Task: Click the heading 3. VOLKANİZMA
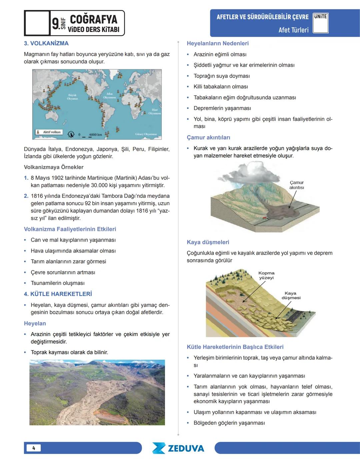pyautogui.click(x=46, y=43)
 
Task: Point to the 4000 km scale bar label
pyautogui.click(x=95, y=135)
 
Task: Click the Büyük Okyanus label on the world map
pyautogui.click(x=72, y=97)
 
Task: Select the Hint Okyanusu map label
pyautogui.click(x=155, y=111)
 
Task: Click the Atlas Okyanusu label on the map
pyautogui.click(x=109, y=96)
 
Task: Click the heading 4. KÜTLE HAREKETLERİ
pyautogui.click(x=58, y=294)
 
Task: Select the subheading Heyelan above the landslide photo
pyautogui.click(x=35, y=323)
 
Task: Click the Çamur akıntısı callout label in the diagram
pyautogui.click(x=296, y=185)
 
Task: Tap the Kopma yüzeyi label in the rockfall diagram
pyautogui.click(x=266, y=275)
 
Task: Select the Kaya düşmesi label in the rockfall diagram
pyautogui.click(x=291, y=295)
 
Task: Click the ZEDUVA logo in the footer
pyautogui.click(x=178, y=448)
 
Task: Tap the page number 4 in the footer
pyautogui.click(x=33, y=448)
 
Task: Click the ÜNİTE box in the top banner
pyautogui.click(x=321, y=23)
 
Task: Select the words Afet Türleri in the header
pyautogui.click(x=293, y=30)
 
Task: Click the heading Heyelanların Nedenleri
pyautogui.click(x=217, y=43)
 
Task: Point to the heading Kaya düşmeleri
pyautogui.click(x=208, y=242)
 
